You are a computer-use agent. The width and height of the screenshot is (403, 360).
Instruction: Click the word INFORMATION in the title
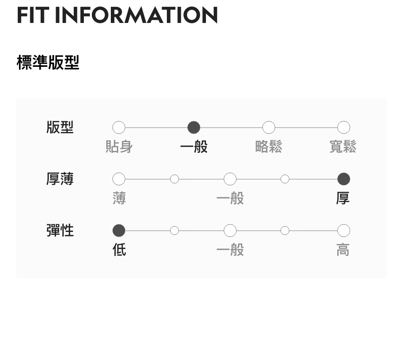coord(136,15)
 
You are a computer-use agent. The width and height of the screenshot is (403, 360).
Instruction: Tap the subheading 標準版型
coord(48,62)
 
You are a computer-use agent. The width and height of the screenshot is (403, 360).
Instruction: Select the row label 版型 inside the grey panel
coord(60,127)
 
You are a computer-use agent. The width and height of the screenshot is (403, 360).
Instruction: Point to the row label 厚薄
coord(60,179)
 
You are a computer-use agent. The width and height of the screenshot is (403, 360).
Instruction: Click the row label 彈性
coord(60,231)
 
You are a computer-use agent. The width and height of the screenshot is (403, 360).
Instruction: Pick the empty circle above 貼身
coord(119,128)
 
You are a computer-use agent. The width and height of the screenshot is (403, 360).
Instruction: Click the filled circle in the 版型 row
coord(194,128)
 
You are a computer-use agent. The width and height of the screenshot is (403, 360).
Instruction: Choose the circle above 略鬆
coord(269,128)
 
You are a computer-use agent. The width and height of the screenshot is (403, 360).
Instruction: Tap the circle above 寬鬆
coord(343,128)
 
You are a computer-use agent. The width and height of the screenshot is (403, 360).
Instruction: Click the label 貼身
coord(119,147)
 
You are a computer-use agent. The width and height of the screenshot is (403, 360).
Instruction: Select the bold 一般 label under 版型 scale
coord(194,147)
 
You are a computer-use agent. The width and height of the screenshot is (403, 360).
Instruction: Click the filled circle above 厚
coord(343,179)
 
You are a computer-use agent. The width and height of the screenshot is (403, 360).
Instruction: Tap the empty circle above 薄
coord(119,179)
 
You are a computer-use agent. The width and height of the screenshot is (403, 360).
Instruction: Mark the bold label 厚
coord(343,198)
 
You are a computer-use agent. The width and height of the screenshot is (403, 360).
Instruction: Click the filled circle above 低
coord(119,231)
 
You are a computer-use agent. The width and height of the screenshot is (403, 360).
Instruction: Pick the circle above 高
coord(343,231)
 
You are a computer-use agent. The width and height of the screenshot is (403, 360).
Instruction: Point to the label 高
coord(343,250)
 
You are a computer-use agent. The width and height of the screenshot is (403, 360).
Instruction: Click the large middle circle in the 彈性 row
coord(230,231)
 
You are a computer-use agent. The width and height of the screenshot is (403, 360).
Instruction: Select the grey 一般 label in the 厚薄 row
coord(230,198)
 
